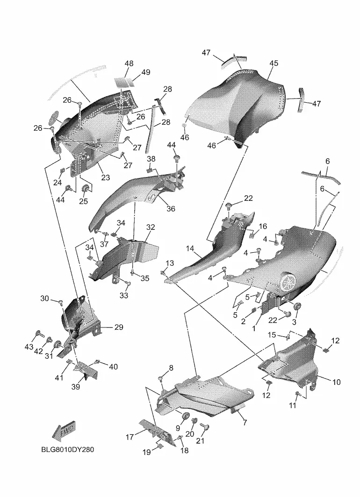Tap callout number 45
click(x=274, y=64)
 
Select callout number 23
click(x=105, y=177)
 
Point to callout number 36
click(x=171, y=209)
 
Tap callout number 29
click(x=118, y=327)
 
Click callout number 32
click(x=151, y=227)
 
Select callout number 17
click(x=130, y=437)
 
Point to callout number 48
click(x=129, y=64)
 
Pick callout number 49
click(x=146, y=72)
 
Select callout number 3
click(x=295, y=322)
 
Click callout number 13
click(x=170, y=264)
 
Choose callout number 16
click(x=263, y=227)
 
